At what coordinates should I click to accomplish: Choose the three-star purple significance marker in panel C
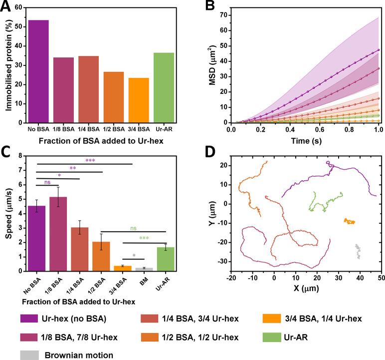click(90, 161)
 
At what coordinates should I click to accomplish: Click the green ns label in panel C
click(133, 228)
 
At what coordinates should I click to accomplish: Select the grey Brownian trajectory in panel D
click(357, 251)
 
